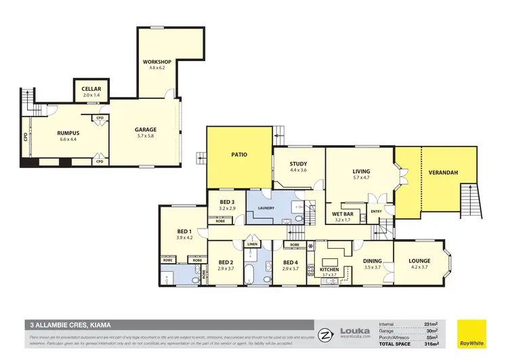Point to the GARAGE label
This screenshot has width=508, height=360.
pos(145,129)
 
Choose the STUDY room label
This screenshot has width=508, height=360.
pos(299,163)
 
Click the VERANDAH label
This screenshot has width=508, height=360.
pos(443,173)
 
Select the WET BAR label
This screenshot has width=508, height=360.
pos(343,214)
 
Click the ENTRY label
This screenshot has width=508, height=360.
pos(376,212)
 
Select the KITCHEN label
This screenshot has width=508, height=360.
pos(330,270)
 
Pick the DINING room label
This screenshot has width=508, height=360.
pos(373,260)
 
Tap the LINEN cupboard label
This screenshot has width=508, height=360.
pos(252,244)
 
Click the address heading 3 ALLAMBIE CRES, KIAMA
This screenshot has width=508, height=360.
pos(67,324)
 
